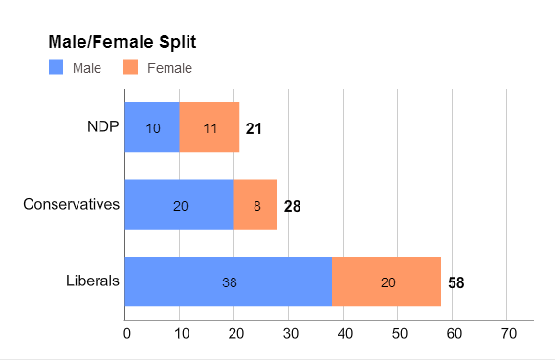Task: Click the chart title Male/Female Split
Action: click(x=122, y=44)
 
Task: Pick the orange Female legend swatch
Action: click(x=132, y=68)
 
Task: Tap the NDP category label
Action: click(x=102, y=127)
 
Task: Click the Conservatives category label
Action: click(x=71, y=204)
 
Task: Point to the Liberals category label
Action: click(x=93, y=281)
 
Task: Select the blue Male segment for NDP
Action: click(x=152, y=127)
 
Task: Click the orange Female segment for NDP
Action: click(x=210, y=127)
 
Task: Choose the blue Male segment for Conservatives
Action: click(x=180, y=205)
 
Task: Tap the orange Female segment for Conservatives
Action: click(x=255, y=205)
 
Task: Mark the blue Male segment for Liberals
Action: click(x=229, y=281)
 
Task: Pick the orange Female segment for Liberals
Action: click(x=387, y=281)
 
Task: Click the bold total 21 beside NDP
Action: click(x=254, y=128)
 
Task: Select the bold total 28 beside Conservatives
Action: click(x=292, y=205)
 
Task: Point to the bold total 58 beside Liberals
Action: click(x=456, y=282)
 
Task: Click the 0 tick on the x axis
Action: click(x=126, y=333)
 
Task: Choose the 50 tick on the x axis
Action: click(x=400, y=333)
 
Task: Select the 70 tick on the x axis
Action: click(x=509, y=333)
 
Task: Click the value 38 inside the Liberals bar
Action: click(x=229, y=282)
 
